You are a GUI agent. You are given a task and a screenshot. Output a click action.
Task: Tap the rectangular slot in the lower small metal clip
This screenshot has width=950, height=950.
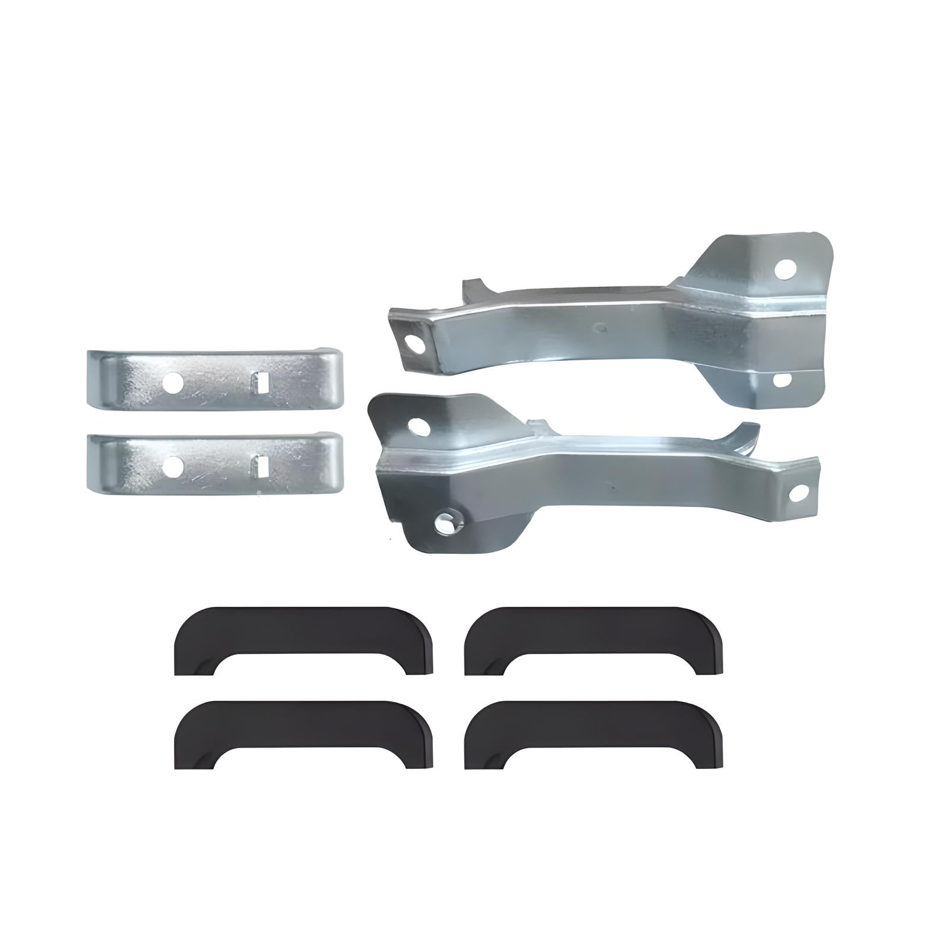259,467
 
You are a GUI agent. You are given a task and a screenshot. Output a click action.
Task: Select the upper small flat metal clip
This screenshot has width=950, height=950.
214,380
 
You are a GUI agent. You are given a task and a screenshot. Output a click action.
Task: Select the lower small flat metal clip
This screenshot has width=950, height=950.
214,464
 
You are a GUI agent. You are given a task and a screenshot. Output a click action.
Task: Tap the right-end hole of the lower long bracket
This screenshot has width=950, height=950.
800,492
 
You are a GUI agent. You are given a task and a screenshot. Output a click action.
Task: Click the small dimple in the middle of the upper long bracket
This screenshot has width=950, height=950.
601,326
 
